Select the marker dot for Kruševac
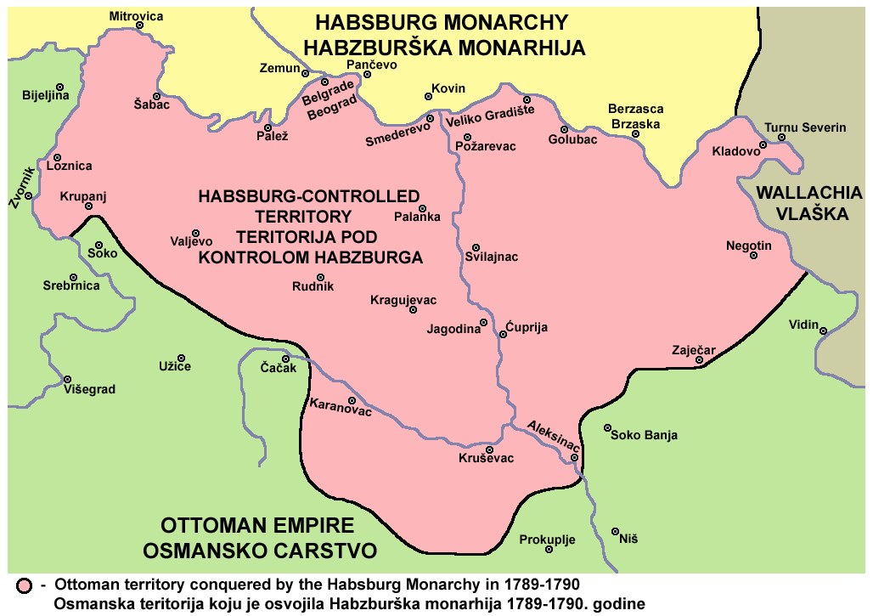[489, 449]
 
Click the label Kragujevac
[403, 301]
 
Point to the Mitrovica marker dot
[139, 25]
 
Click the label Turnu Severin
[805, 127]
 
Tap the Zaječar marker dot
[699, 361]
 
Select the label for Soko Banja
[645, 436]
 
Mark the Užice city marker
[181, 357]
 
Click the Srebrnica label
[71, 285]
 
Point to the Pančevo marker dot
[367, 74]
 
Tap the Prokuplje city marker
[549, 550]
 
